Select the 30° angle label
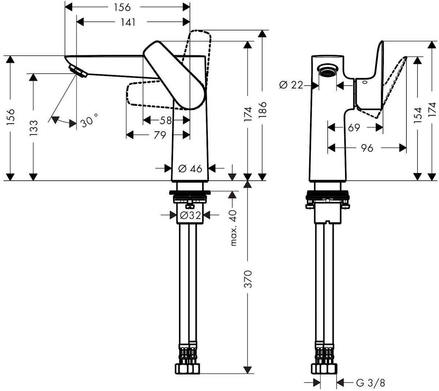(89, 120)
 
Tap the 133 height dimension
(33, 127)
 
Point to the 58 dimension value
(165, 120)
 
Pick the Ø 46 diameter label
(190, 169)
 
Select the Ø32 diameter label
(190, 215)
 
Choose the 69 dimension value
(354, 128)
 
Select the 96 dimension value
(367, 148)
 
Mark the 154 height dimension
(417, 114)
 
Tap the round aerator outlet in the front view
(327, 71)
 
